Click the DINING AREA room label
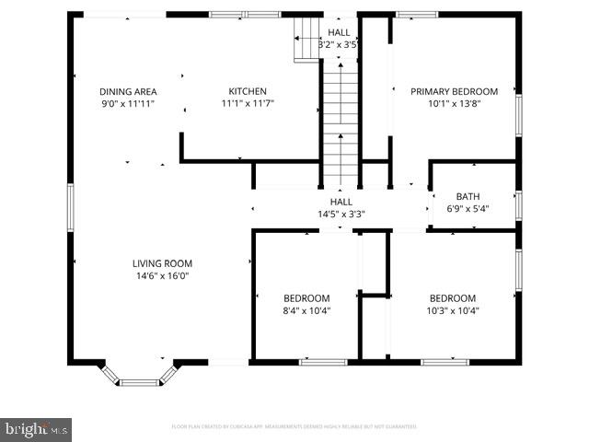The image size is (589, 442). pos(128,91)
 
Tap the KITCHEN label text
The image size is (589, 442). pos(248,91)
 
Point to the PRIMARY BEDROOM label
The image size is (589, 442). pos(454,91)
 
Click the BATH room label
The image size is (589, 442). pos(468,196)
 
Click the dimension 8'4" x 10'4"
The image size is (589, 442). pos(306,310)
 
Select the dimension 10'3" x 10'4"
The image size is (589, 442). pos(453,310)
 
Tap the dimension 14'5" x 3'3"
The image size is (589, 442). pos(341,214)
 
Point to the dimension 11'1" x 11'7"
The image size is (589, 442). pos(248,103)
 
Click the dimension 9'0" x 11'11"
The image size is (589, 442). pos(128,103)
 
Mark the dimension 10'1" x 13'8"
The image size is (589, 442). pos(454,103)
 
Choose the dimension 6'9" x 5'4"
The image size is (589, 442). pos(468,208)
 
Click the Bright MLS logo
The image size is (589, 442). pos(37,428)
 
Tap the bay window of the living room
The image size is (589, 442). pos(139,378)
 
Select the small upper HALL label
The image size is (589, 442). pos(338,32)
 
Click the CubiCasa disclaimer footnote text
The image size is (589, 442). pos(294,426)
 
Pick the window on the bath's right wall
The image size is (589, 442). pos(518,204)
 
